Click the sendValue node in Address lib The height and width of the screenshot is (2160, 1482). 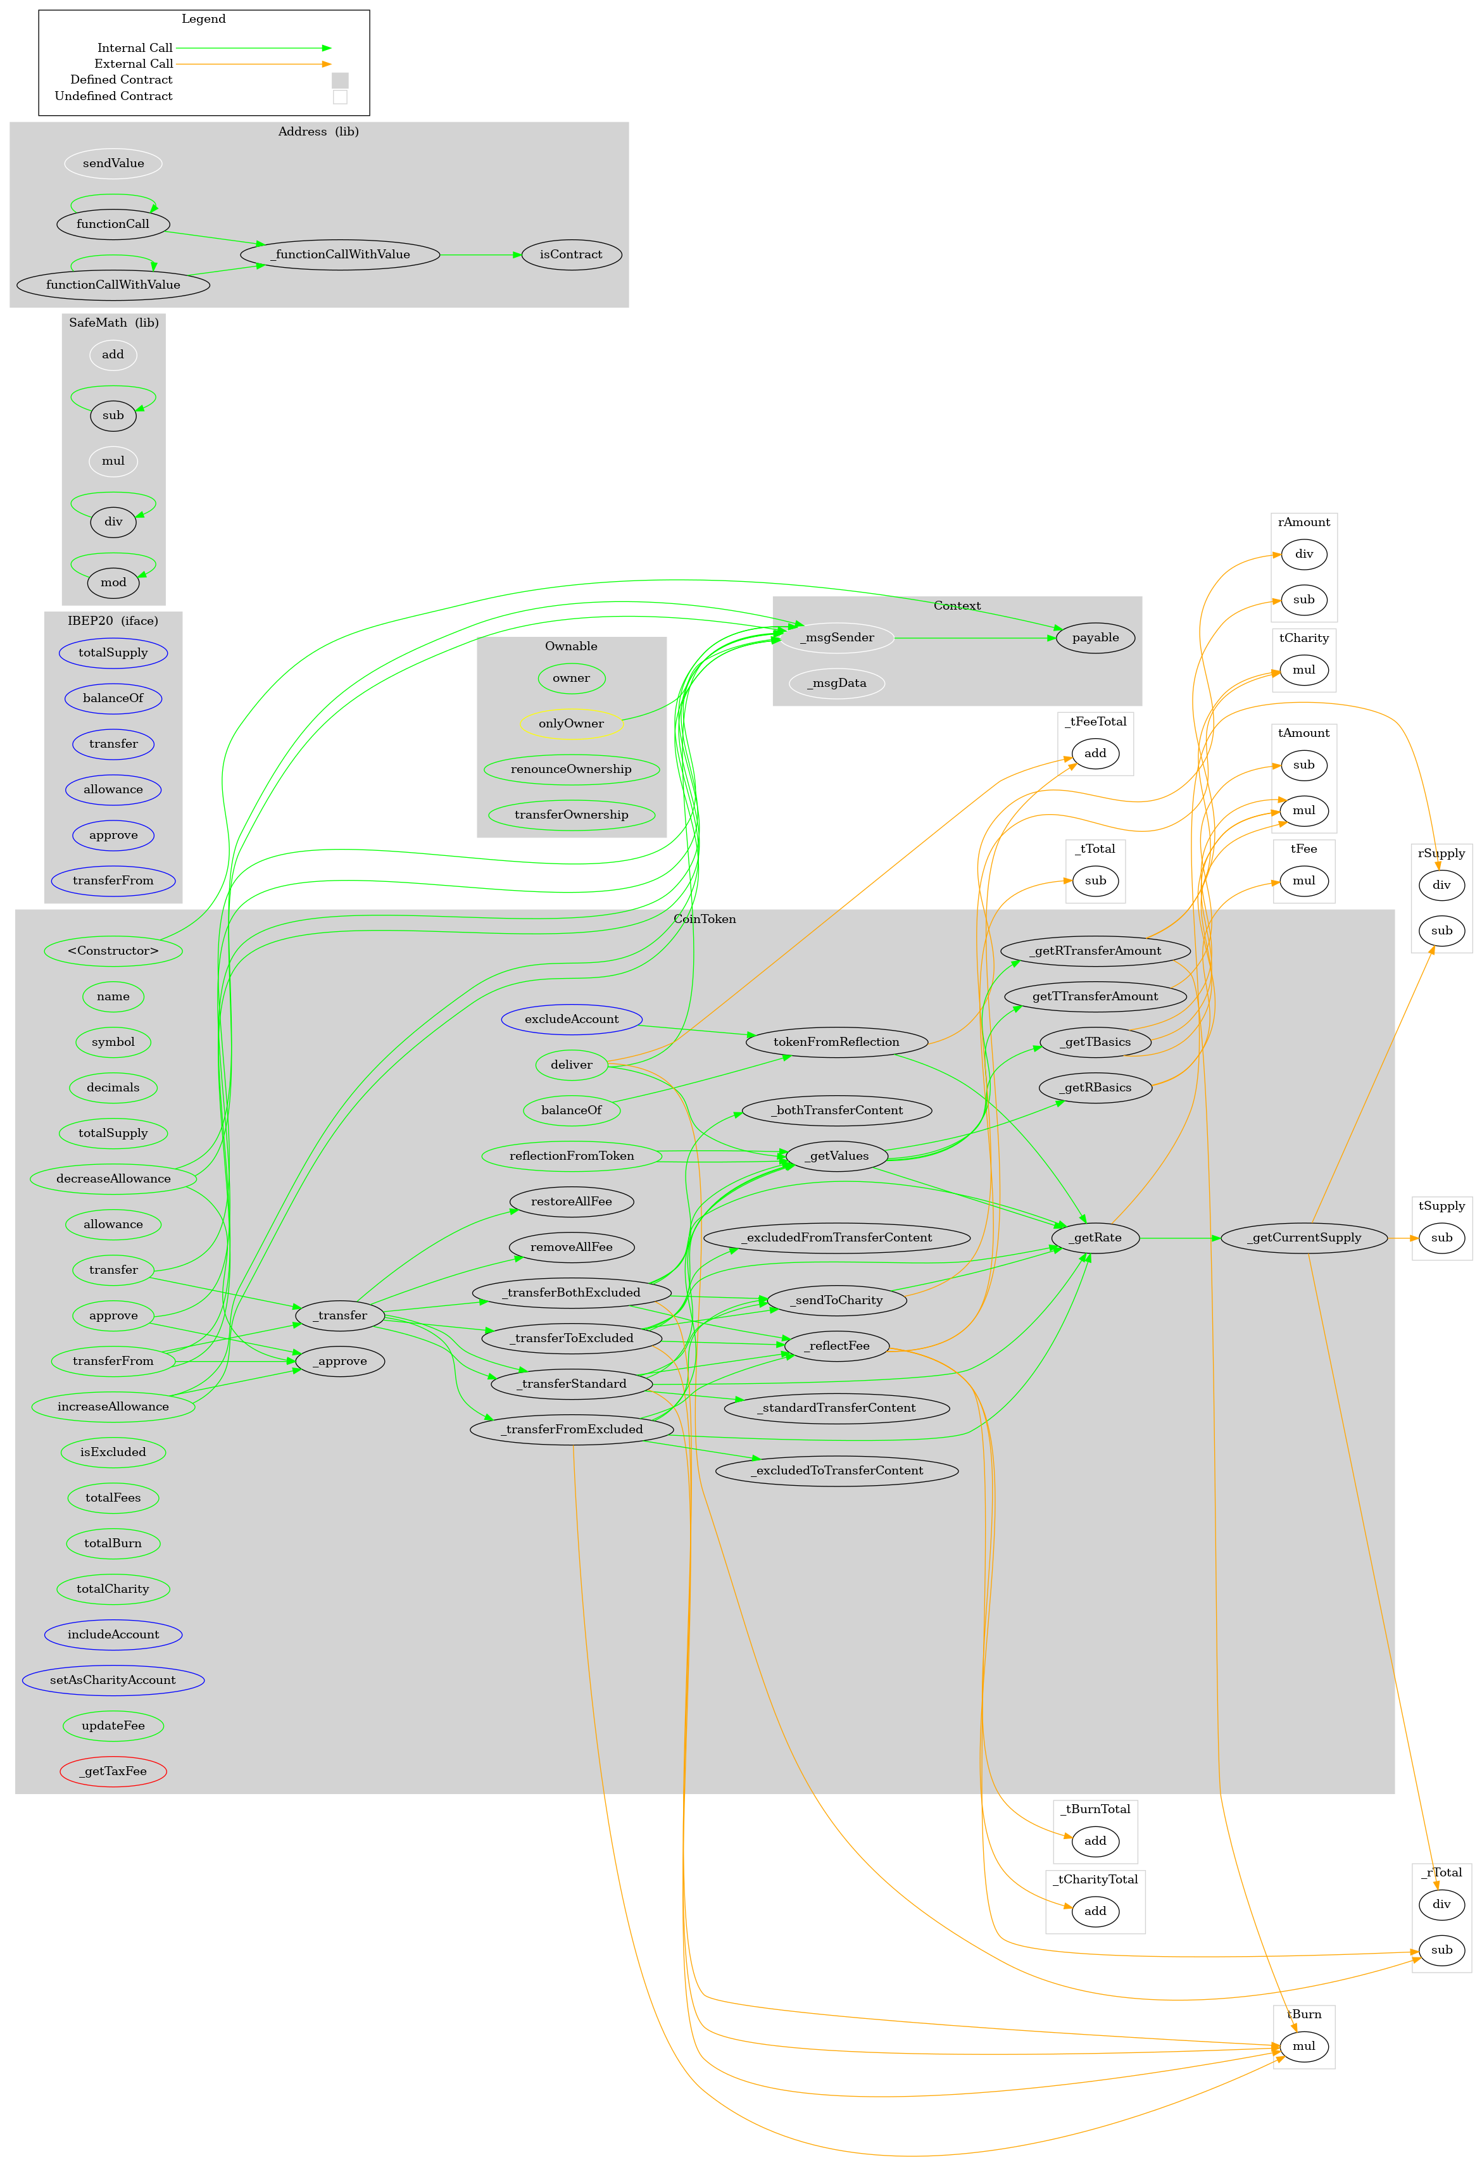113,163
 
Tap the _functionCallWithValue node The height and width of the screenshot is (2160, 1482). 340,254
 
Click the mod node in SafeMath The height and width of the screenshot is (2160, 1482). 113,583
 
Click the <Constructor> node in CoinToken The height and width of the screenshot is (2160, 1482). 113,951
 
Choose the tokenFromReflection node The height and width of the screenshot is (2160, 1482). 836,1042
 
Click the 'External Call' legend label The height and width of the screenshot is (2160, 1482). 134,64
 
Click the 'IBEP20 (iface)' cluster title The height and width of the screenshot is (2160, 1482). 113,621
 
